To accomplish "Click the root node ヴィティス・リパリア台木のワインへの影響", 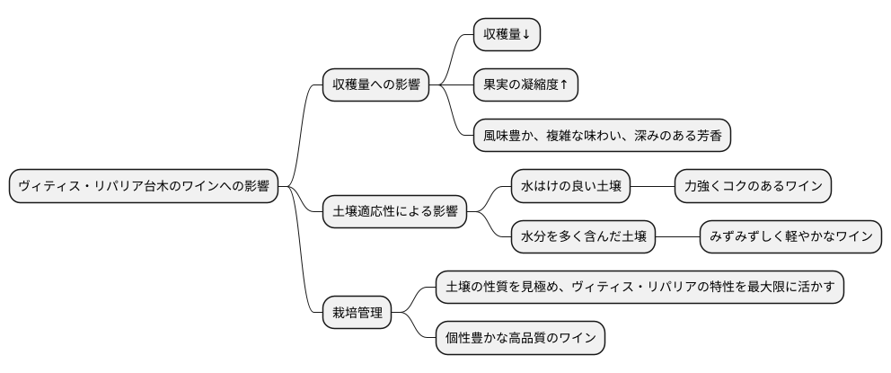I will point(143,187).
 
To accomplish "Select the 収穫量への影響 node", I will point(375,85).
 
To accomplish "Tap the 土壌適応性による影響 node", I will point(394,212).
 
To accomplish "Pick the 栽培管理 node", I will point(357,313).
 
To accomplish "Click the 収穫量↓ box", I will point(507,34).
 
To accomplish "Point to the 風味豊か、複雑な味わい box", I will point(601,136).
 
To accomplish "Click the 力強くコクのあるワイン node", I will point(753,187).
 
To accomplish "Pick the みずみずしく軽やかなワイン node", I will point(790,237).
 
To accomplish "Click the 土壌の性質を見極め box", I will point(640,288).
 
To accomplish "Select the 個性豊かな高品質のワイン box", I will point(520,339).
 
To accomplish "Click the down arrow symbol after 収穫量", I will point(525,35).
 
